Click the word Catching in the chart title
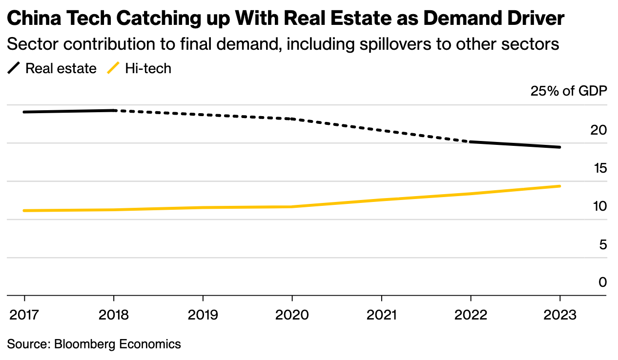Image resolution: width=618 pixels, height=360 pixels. click(x=159, y=18)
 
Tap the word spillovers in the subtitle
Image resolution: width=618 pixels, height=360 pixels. click(x=395, y=44)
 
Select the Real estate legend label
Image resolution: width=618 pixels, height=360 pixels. click(x=61, y=68)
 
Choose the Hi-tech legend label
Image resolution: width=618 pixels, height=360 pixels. click(x=148, y=68)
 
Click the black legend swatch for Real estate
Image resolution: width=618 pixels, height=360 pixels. click(x=14, y=68)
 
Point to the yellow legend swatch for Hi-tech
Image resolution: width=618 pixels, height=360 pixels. click(x=113, y=68)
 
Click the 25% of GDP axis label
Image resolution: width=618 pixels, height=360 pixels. click(x=569, y=91)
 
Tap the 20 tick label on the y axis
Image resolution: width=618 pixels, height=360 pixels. click(x=598, y=130)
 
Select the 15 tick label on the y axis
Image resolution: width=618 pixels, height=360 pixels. click(x=600, y=168)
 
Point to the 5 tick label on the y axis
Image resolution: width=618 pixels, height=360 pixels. click(x=603, y=244)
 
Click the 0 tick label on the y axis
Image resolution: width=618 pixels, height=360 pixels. click(x=603, y=282)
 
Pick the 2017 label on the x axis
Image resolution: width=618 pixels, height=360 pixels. click(x=24, y=315)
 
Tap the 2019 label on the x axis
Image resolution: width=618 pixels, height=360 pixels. click(x=203, y=315)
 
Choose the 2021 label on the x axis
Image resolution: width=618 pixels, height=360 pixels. click(x=382, y=315)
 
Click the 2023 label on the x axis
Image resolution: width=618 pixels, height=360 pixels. click(x=560, y=315)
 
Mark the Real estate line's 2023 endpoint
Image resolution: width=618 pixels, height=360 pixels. click(x=559, y=147)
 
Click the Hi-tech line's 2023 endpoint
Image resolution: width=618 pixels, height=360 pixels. click(x=559, y=186)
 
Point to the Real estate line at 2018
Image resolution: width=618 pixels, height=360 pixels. click(x=114, y=111)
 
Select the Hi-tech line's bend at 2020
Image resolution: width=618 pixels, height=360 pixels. click(x=292, y=206)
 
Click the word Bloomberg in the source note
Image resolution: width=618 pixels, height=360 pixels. click(x=85, y=344)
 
